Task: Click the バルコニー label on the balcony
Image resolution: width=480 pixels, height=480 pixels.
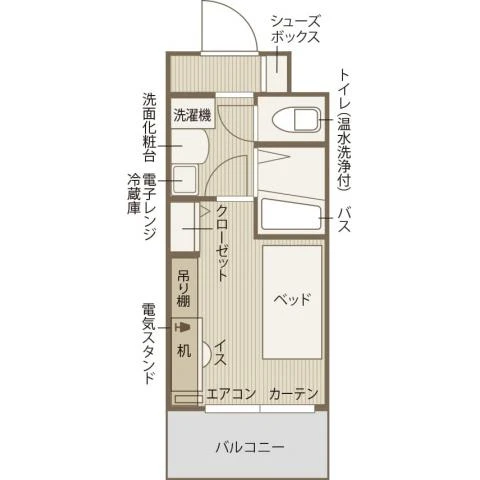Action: (250, 446)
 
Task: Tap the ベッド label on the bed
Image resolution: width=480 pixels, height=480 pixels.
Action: (292, 299)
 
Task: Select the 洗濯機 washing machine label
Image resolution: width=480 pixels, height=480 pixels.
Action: (192, 114)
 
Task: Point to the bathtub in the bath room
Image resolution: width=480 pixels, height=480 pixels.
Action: (291, 216)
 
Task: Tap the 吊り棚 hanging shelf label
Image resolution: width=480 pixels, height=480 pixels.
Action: (185, 287)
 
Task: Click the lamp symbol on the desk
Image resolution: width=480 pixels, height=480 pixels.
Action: (182, 327)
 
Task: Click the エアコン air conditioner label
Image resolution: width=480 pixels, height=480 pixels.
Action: (231, 393)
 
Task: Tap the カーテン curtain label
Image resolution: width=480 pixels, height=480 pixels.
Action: (293, 393)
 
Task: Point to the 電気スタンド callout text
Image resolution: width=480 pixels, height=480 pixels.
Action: (148, 346)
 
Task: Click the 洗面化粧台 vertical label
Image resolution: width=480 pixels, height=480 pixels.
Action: (148, 128)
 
